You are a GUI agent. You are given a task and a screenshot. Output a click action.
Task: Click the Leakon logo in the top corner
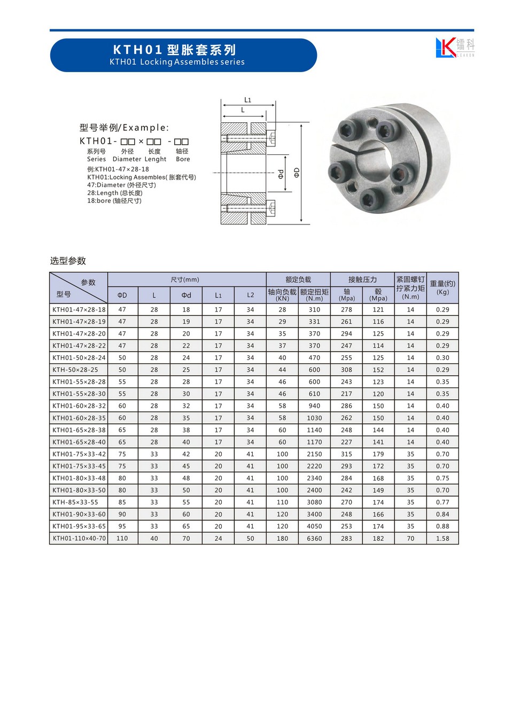pos(454,48)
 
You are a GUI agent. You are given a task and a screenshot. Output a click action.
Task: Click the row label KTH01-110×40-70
pos(79,539)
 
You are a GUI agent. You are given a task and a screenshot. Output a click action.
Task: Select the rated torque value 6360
pos(314,539)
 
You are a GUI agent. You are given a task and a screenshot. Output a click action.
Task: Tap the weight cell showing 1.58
pos(442,539)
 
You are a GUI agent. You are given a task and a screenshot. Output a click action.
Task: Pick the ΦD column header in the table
pos(122,295)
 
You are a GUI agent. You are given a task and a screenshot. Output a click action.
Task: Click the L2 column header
pos(250,295)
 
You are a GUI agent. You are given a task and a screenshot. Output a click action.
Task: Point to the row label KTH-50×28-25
pos(75,370)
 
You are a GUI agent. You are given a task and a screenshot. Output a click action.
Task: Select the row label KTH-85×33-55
pos(75,502)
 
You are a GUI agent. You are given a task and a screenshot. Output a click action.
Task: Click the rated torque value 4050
pos(314,526)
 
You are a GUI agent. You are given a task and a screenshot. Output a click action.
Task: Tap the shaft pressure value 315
pos(346,454)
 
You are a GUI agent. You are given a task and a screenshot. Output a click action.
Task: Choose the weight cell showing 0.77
pos(442,502)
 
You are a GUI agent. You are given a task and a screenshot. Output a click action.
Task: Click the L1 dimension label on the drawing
pos(247,100)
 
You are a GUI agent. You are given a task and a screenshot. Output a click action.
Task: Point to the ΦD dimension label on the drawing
pos(297,172)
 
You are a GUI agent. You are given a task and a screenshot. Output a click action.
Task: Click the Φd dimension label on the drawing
pos(281,174)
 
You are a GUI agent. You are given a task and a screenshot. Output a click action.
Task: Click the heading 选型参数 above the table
pos(68,261)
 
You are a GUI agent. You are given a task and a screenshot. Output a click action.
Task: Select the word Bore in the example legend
pos(183,159)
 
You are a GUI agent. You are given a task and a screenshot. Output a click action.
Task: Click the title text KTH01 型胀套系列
pos(174,50)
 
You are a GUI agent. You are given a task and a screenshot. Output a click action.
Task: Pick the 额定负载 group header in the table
pos(298,279)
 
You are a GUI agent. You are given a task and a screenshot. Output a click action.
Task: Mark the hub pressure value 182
pos(378,539)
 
